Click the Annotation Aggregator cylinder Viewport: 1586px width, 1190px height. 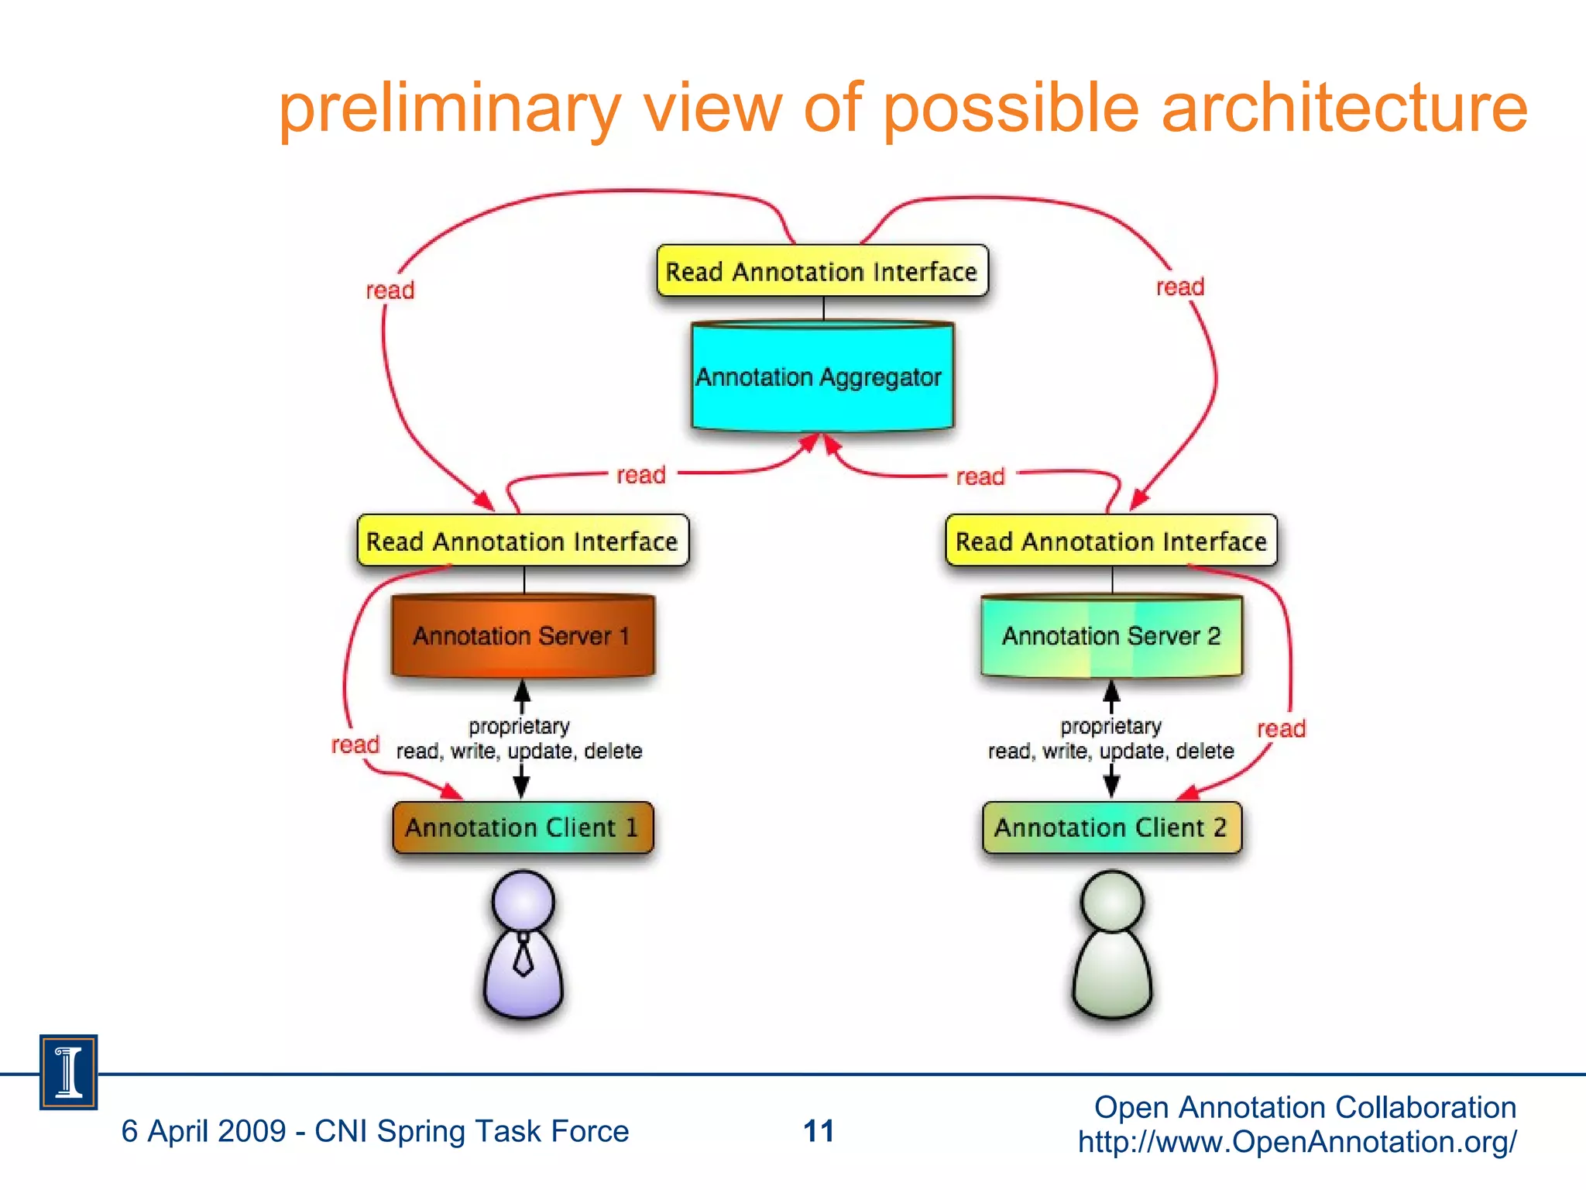click(822, 377)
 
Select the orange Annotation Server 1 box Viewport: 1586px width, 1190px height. click(523, 636)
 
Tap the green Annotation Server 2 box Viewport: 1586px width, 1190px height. click(1111, 636)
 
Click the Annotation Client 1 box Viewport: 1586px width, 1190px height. click(523, 827)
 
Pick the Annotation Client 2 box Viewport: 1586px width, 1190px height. click(1111, 827)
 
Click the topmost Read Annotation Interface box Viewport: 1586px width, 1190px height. click(822, 271)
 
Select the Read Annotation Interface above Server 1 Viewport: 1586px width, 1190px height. click(523, 541)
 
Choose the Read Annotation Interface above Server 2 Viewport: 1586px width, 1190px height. click(1111, 541)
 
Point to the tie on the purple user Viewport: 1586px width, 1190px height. click(524, 955)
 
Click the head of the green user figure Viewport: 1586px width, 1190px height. click(1112, 901)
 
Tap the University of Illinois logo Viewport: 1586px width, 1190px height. click(68, 1072)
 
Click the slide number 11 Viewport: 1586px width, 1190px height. click(819, 1131)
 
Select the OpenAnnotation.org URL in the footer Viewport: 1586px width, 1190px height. click(1297, 1142)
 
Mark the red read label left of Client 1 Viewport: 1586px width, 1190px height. click(355, 745)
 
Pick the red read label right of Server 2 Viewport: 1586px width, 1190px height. click(1281, 729)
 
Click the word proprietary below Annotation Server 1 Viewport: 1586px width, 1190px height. click(519, 727)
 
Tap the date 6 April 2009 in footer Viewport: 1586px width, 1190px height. click(204, 1131)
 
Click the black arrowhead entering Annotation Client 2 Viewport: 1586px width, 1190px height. click(1111, 788)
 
